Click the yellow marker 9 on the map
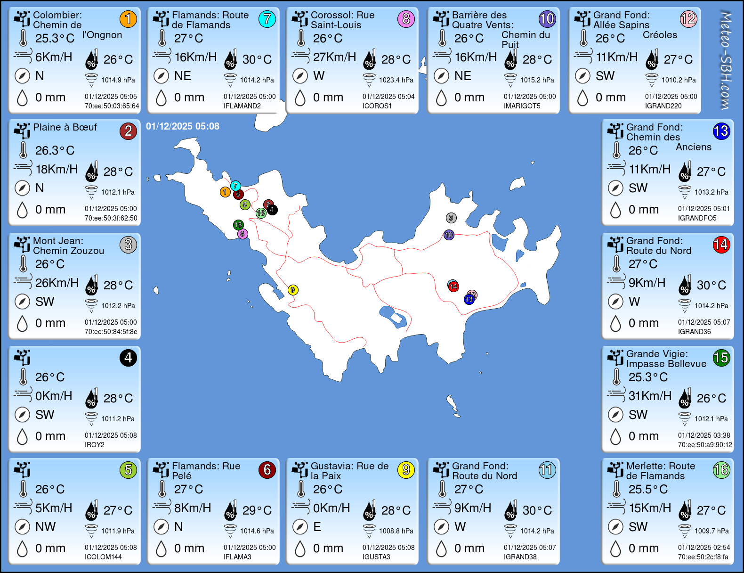click(x=293, y=290)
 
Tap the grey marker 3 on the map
click(x=451, y=218)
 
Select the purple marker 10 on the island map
click(x=449, y=235)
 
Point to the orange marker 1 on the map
click(x=225, y=192)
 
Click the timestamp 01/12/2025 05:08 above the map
click(x=183, y=126)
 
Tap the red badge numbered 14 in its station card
click(x=721, y=245)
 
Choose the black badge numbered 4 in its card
click(x=128, y=358)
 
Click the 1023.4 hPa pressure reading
click(x=396, y=80)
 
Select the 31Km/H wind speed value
click(x=650, y=396)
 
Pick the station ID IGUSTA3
click(x=376, y=557)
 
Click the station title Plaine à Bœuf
click(x=65, y=127)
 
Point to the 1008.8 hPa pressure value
click(x=396, y=531)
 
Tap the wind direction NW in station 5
click(x=45, y=527)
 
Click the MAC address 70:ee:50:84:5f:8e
click(x=111, y=332)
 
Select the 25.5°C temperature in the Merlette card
click(x=648, y=490)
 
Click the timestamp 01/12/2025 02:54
click(x=704, y=548)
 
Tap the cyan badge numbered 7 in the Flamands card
click(x=267, y=19)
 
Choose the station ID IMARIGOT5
click(x=522, y=106)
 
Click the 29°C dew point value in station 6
click(x=257, y=510)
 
